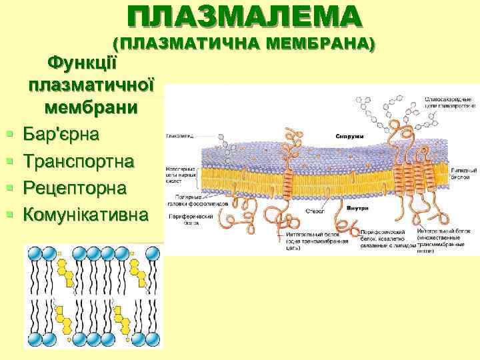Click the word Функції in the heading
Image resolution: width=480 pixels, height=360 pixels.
tap(83, 64)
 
